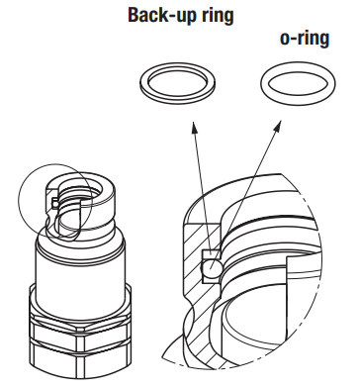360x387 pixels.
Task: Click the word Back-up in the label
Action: (160, 16)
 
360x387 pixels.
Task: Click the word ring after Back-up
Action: (216, 16)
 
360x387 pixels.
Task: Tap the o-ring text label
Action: (305, 39)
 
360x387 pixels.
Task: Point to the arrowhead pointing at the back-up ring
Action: (194, 127)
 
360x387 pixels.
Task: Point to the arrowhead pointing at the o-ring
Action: (277, 126)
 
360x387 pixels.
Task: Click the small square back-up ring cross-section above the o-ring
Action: (211, 254)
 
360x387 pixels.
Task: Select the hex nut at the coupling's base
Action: (80, 343)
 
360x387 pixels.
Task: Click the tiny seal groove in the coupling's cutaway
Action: (55, 203)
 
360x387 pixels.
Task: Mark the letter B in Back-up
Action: (134, 15)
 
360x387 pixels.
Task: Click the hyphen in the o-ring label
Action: (292, 40)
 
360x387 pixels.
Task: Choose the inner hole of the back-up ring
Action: (178, 80)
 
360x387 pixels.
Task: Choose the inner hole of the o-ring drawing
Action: (298, 81)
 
